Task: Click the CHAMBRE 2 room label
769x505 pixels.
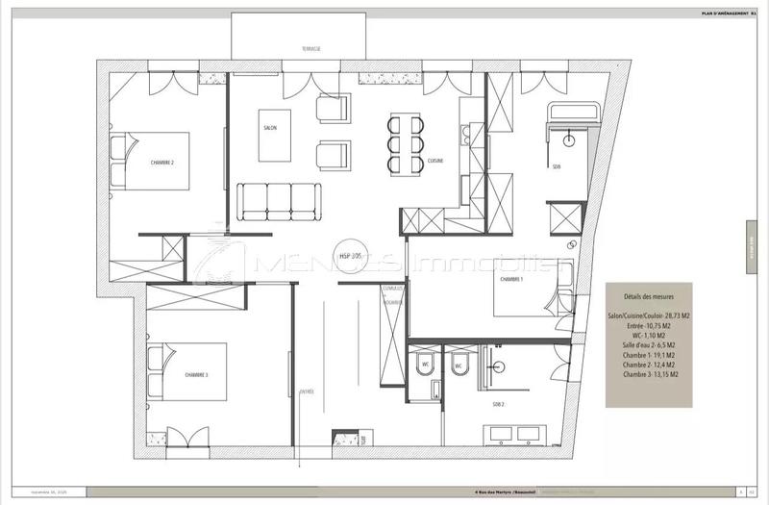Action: point(161,164)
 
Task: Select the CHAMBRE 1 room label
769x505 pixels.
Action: point(509,279)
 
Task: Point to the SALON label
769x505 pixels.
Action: point(270,127)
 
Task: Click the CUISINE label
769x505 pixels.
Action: point(435,162)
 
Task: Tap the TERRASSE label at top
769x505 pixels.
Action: point(310,47)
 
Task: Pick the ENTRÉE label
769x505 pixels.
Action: point(307,391)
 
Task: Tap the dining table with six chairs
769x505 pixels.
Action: point(404,142)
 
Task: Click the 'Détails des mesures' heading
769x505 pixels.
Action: point(643,297)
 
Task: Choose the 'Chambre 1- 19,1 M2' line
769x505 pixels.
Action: point(643,355)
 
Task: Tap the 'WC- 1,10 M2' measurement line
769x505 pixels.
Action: point(643,336)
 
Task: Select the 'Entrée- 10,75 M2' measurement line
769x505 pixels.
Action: point(643,326)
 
